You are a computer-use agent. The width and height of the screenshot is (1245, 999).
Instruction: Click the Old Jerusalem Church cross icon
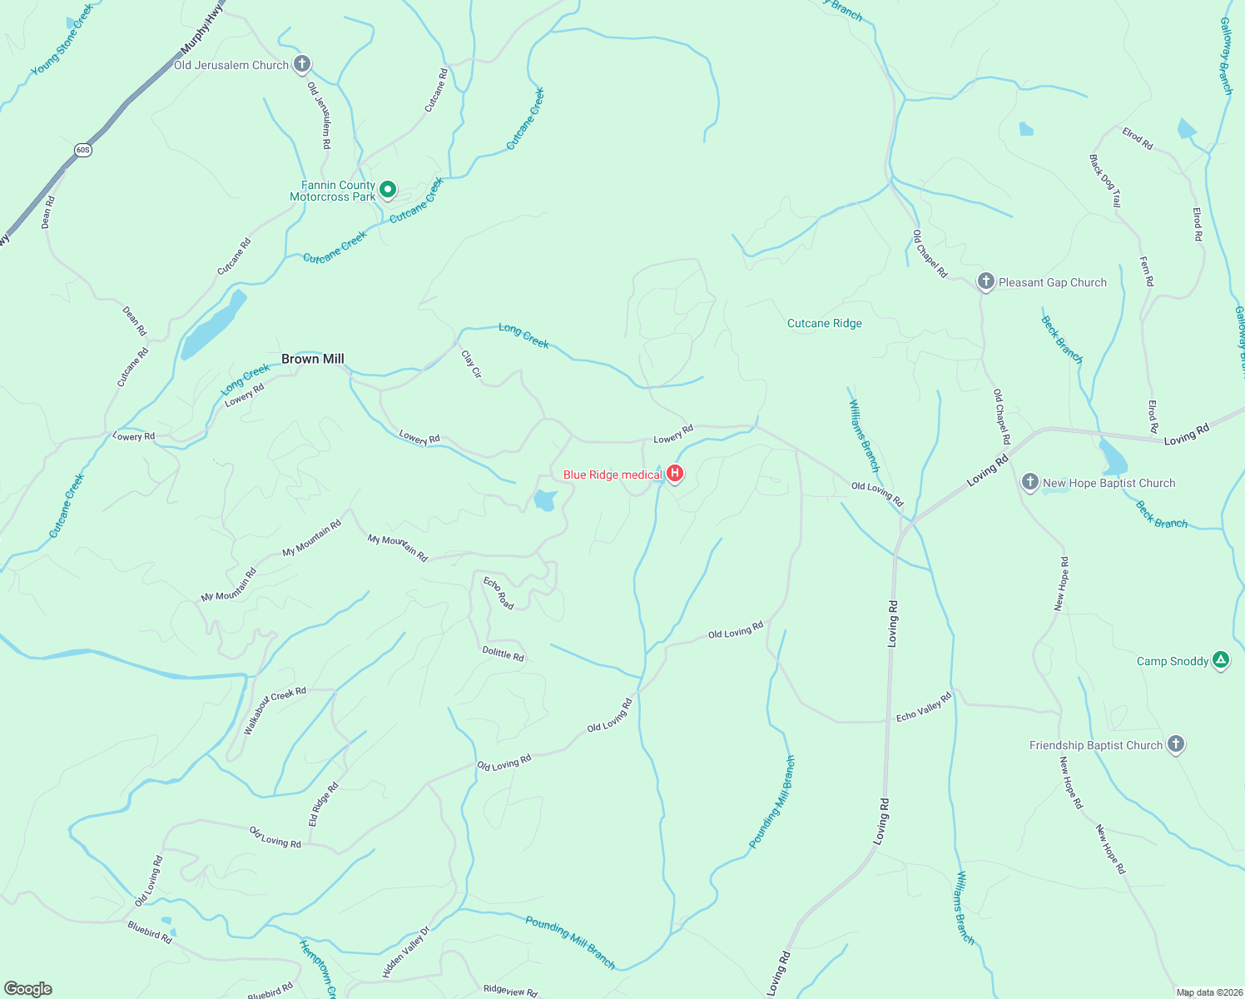[302, 64]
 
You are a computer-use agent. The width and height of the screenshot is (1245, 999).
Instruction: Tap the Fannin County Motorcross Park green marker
[387, 191]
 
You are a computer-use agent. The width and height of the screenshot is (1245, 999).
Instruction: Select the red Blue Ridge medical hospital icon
[675, 475]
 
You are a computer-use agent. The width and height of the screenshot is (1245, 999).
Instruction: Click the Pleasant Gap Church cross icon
[985, 282]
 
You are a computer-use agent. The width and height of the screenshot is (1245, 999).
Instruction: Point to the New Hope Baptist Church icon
[1029, 483]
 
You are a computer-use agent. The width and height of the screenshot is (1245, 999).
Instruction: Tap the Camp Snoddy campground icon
[1220, 661]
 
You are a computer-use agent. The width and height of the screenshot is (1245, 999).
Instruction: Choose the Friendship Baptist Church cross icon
[1175, 744]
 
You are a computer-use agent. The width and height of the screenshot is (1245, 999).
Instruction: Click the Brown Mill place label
[312, 359]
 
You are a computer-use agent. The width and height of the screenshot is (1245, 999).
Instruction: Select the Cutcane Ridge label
[824, 323]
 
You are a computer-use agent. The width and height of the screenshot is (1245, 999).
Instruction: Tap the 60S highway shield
[82, 150]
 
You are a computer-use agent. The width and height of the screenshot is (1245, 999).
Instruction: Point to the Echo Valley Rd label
[923, 707]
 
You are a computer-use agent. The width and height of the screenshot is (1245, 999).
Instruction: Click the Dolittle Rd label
[503, 654]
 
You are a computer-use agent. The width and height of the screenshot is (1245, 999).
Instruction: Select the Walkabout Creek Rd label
[274, 709]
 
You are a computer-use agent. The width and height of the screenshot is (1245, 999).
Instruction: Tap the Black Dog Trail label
[1105, 181]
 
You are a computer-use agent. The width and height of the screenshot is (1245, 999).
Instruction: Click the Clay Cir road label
[471, 364]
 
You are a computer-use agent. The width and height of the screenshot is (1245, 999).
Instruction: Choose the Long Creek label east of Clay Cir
[523, 335]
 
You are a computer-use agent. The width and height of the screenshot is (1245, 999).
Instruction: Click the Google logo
[28, 988]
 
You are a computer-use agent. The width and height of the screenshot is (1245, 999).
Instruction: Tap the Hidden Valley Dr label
[406, 952]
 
